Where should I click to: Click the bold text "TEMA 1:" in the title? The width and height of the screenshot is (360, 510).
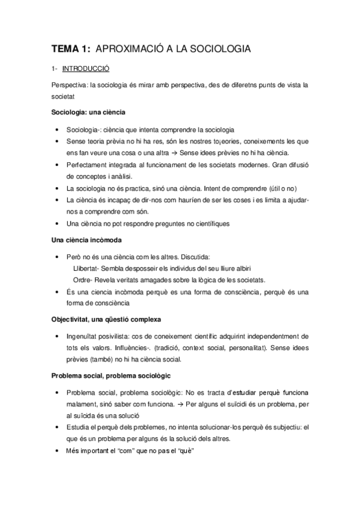tap(71, 49)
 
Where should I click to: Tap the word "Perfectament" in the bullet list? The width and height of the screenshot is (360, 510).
tap(87, 164)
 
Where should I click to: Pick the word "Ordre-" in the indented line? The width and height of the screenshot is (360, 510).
tap(84, 280)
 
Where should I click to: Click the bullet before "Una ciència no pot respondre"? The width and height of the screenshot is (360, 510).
tap(56, 224)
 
